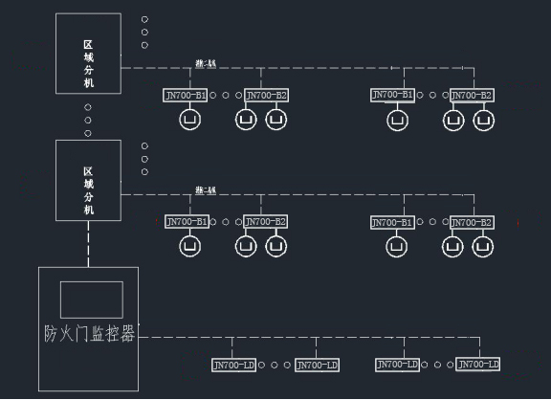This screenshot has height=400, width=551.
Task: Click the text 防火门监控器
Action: pos(89,334)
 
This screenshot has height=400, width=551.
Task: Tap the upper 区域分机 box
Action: pos(89,53)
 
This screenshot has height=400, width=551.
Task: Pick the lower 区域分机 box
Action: pos(89,179)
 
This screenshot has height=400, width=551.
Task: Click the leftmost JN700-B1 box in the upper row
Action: pos(187,95)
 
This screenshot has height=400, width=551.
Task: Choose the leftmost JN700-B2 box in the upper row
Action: pos(266,95)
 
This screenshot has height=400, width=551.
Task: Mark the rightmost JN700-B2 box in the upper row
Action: pos(472,95)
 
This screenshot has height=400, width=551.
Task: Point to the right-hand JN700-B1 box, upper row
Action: pos(392,95)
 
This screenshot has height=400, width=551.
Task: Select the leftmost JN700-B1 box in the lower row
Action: pos(187,222)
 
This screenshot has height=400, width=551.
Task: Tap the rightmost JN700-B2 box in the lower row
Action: pos(472,222)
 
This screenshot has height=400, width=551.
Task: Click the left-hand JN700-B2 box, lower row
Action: pos(266,222)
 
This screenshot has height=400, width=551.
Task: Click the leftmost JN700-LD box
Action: pos(233,365)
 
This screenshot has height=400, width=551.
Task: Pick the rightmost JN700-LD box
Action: pos(479,364)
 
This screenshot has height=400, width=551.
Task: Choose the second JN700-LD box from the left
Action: pos(317,365)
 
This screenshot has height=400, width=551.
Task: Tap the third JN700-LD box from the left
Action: pos(397,364)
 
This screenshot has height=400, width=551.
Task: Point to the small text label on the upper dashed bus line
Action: pos(206,63)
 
